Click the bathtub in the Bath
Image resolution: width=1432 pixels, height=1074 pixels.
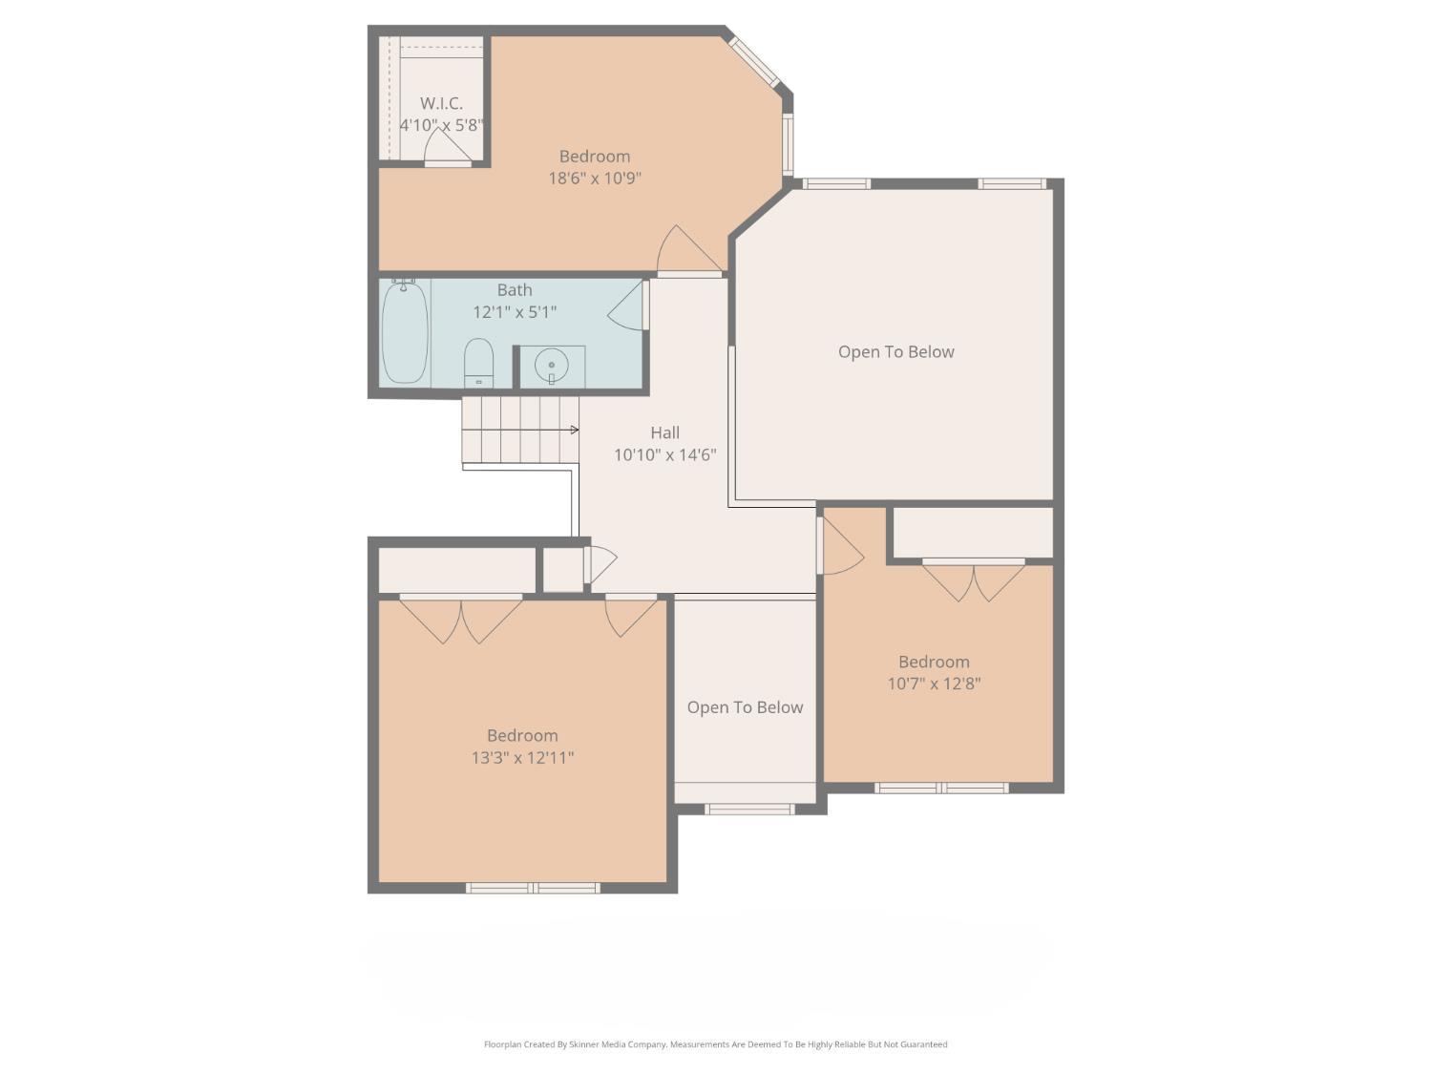tap(405, 333)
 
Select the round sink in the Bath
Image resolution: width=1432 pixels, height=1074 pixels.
tap(551, 366)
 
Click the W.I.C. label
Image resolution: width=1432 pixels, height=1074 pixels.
tap(441, 103)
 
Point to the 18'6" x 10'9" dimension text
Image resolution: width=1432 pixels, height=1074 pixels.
tap(594, 179)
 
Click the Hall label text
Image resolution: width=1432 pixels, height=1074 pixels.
tap(664, 432)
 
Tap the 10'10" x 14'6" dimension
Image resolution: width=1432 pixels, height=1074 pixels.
tap(664, 455)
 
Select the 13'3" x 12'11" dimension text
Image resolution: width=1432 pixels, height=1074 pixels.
tap(522, 758)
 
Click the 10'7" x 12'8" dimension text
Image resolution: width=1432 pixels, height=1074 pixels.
tap(934, 684)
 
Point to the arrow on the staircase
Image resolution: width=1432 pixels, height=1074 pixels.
tap(574, 430)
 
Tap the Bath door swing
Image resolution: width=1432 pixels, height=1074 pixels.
tap(627, 305)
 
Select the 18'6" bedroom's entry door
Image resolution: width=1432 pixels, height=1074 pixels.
tap(685, 252)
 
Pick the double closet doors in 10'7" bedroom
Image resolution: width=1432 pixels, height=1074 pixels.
tap(974, 581)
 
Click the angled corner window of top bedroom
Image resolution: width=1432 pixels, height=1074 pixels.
tap(754, 62)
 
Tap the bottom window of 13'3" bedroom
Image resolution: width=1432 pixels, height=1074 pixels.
tap(533, 888)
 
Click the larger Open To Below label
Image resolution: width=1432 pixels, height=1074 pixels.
tap(895, 352)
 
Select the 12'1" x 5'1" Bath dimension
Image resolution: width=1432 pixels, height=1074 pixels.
tap(515, 312)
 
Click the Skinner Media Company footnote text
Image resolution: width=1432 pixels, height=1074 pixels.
tap(715, 1044)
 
